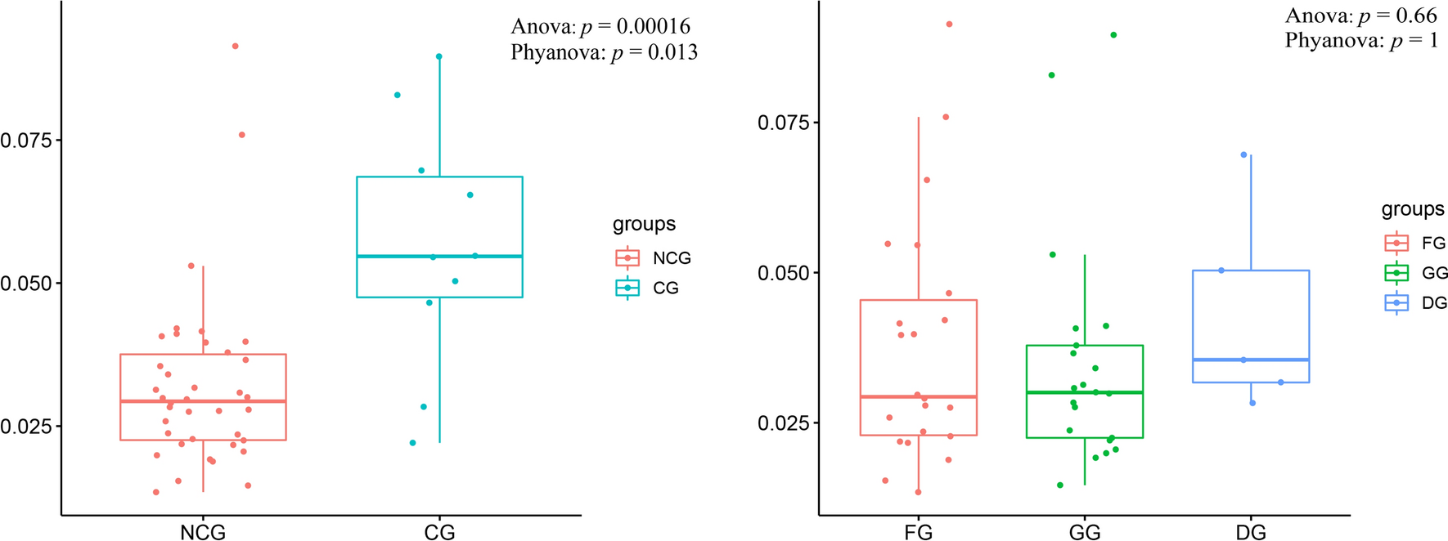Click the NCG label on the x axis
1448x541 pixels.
pyautogui.click(x=202, y=532)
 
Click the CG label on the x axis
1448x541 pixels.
pyautogui.click(x=439, y=532)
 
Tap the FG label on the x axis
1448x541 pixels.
pyautogui.click(x=918, y=533)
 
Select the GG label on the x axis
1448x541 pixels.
pyautogui.click(x=1085, y=533)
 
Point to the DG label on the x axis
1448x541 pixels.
pyautogui.click(x=1250, y=533)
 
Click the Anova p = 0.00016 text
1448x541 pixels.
pyautogui.click(x=600, y=26)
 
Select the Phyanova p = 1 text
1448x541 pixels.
pyautogui.click(x=1360, y=40)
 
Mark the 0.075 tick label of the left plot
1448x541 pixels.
pyautogui.click(x=26, y=141)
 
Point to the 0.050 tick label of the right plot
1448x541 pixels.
pyautogui.click(x=783, y=273)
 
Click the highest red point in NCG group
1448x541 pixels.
pyautogui.click(x=236, y=46)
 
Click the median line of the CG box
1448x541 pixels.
pyautogui.click(x=439, y=257)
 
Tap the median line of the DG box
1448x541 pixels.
pyautogui.click(x=1251, y=360)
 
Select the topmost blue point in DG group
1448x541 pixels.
pyautogui.click(x=1243, y=154)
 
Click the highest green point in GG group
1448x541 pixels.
pyautogui.click(x=1113, y=35)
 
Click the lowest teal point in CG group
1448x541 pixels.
pyautogui.click(x=412, y=443)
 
